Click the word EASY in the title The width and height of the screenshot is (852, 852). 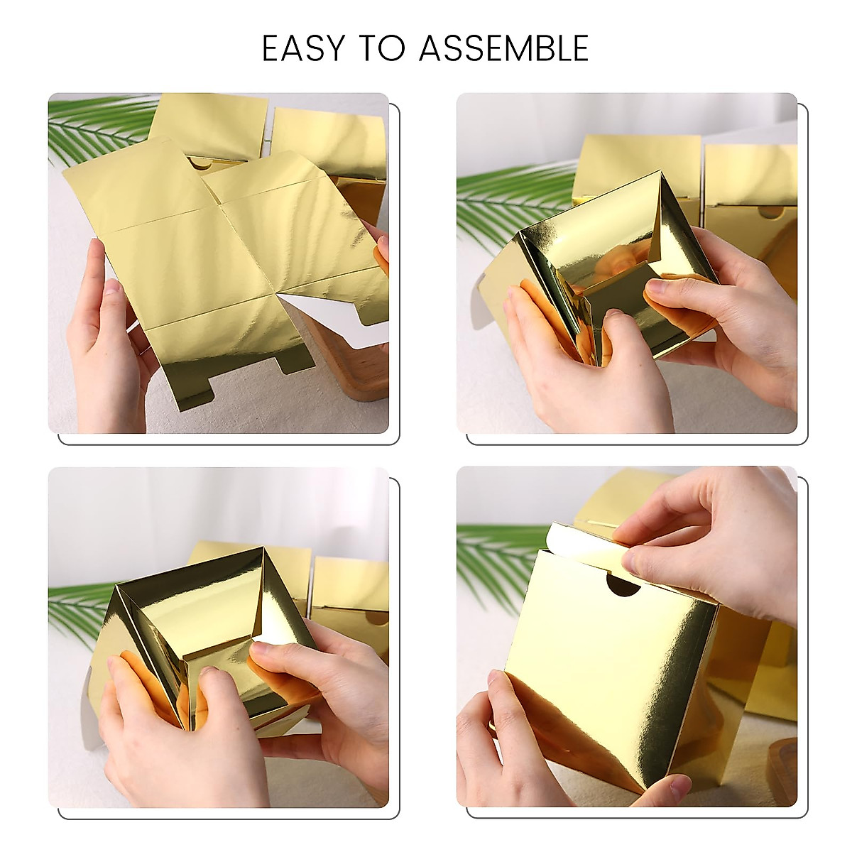tap(304, 49)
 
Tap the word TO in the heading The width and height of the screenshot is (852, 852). tap(382, 49)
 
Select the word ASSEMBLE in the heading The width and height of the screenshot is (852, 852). tap(503, 49)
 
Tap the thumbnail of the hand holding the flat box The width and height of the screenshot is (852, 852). tap(112, 288)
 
